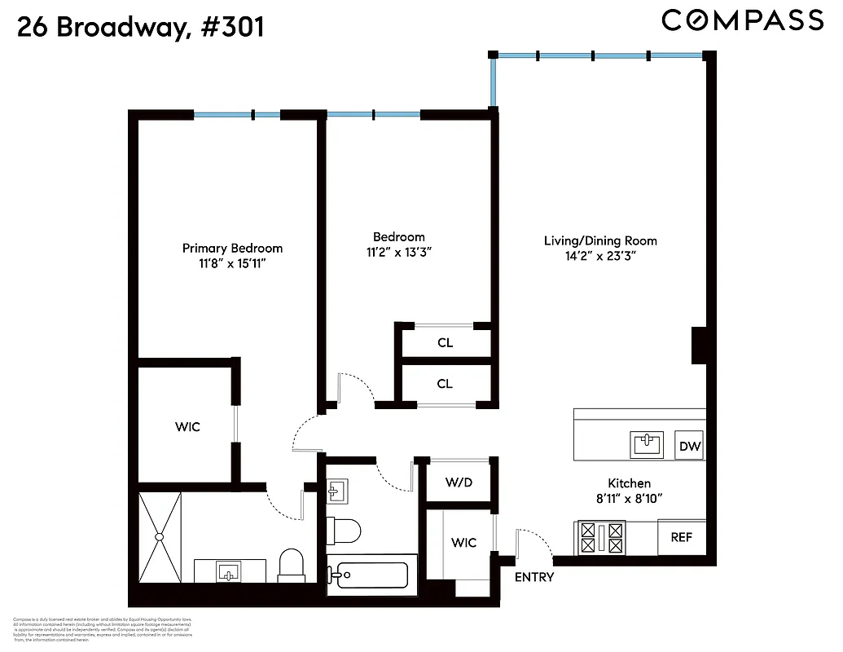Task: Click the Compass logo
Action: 742,20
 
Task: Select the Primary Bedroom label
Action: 232,248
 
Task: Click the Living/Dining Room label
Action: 600,240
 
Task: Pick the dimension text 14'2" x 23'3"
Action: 601,256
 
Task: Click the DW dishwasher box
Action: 690,446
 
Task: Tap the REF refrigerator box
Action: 681,537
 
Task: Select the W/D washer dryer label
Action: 458,482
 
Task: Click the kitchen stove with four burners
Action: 601,537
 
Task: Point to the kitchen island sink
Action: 648,444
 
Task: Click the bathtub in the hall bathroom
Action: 371,576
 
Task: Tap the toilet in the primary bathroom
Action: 291,564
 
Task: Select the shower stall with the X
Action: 160,535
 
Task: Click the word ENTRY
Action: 534,577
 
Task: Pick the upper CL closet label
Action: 445,342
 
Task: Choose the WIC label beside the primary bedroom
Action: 187,426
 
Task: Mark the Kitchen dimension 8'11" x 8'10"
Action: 629,498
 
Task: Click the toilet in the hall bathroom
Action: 345,531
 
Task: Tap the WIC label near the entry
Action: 464,542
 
